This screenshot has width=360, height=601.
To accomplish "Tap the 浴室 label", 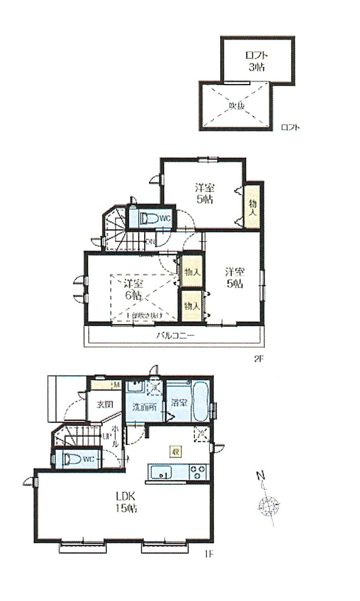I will tap(179, 402).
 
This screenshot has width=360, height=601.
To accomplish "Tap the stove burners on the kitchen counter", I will tap(198, 471).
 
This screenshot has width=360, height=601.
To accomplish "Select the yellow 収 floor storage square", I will tap(175, 451).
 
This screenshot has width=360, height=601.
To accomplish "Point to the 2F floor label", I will tap(258, 358).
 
